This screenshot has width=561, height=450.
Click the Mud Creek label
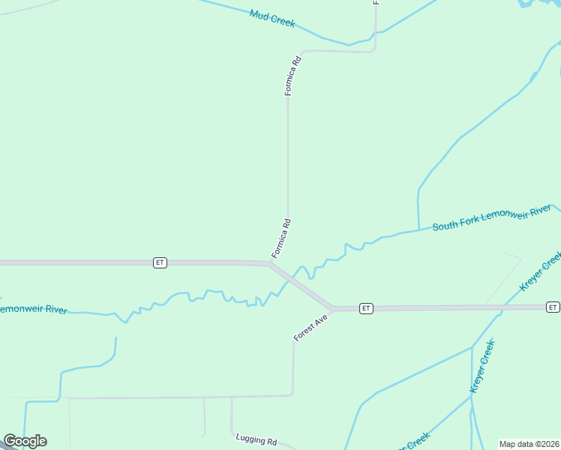pos(272,19)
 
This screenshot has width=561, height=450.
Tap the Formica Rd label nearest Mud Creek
pos(292,75)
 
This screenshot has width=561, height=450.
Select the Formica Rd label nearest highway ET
pos(281,238)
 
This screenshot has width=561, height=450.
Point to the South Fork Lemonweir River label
pos(492,217)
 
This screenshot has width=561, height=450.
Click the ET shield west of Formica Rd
pos(160,262)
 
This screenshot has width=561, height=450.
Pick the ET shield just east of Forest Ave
pos(365,308)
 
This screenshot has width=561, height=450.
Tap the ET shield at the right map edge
pos(553,307)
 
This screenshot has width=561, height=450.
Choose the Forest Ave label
pos(310,328)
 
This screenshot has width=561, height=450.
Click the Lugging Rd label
pos(256,440)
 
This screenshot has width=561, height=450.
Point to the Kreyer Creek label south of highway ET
pos(482,367)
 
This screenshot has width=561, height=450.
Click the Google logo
pos(25,441)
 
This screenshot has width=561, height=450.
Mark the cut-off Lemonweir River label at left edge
pos(34,309)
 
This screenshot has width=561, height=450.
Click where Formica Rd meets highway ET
pos(271,263)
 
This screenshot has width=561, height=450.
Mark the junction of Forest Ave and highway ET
pos(333,308)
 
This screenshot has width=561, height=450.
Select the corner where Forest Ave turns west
pos(292,394)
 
